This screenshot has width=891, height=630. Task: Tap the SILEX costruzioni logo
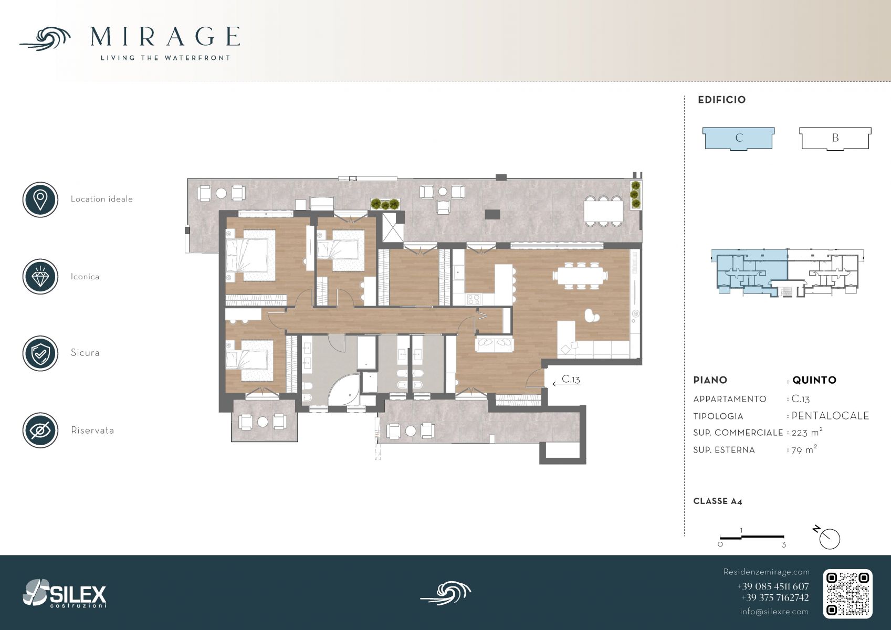point(65,593)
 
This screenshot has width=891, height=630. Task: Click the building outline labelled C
point(738,139)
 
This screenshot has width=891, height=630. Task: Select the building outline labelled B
point(835,139)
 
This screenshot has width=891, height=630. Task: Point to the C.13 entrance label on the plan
point(571,379)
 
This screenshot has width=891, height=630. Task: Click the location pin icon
point(40,199)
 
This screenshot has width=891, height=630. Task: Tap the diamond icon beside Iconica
point(40,277)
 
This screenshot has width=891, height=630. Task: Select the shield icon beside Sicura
point(40,353)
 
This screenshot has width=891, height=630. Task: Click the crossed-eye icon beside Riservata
point(40,430)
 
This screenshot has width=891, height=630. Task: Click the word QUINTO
point(814,380)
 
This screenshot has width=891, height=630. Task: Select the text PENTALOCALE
point(830,416)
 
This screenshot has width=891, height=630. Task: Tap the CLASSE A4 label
point(718,501)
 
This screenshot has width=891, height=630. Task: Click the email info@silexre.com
point(774,612)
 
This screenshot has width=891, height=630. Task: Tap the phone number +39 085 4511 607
point(773,586)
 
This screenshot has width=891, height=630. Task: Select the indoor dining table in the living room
point(580,275)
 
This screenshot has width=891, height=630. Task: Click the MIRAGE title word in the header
point(165,37)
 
